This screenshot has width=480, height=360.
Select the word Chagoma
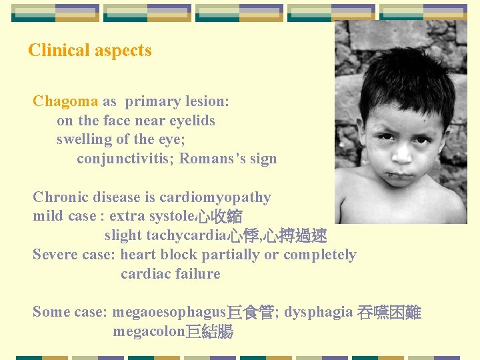65,102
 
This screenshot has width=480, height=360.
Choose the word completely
319,255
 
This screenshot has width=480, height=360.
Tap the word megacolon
148,332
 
